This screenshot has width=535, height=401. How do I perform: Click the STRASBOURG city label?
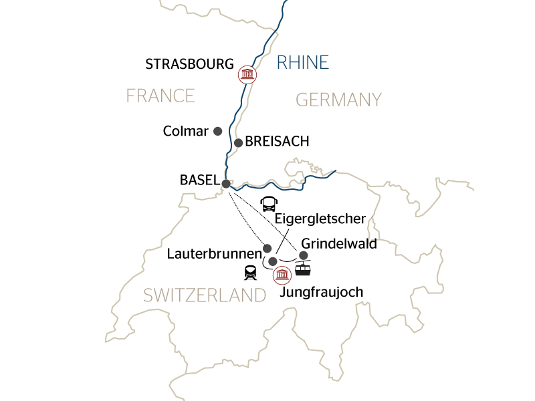pos(189,65)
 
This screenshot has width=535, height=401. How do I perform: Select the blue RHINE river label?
pos(303,63)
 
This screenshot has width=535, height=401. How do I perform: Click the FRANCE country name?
pos(160,96)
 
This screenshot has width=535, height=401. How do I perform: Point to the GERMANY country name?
pos(338,100)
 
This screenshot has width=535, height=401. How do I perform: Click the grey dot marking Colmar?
pos(217,131)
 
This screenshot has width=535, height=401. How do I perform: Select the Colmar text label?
pos(186,132)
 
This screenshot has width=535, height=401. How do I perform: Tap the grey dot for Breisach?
pos(238,142)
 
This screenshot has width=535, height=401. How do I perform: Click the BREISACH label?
pos(277,142)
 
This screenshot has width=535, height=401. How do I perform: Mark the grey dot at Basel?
pos(226,183)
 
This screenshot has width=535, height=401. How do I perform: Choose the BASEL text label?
pos(199,180)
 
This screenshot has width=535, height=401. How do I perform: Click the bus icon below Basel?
pos(268,203)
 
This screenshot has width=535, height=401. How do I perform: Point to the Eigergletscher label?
pos(320,219)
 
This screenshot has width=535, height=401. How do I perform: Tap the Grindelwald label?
pos(339,244)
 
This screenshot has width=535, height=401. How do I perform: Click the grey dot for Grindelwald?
pos(303,255)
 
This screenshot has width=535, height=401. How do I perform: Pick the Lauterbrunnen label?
pos(214,255)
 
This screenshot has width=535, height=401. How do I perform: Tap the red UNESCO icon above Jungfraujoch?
pos(282,275)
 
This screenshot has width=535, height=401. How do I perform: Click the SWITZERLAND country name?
pos(205,295)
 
